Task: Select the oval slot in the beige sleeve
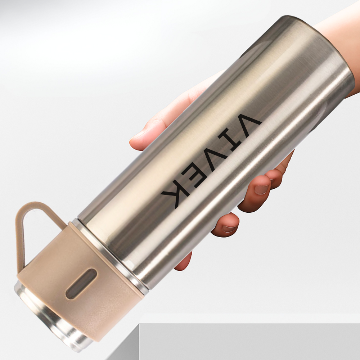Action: click(x=81, y=284)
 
